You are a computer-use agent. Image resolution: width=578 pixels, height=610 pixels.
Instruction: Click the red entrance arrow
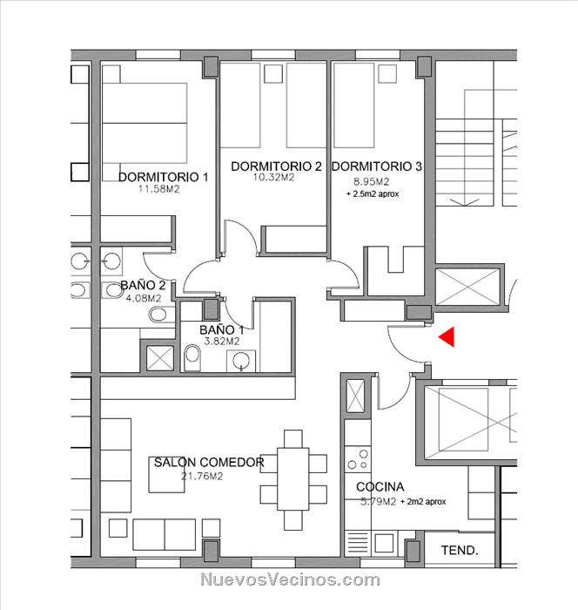click(x=447, y=337)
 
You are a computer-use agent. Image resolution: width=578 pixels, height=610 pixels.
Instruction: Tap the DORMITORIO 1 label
click(x=164, y=177)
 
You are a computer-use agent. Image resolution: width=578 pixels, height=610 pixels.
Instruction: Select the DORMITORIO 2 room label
click(x=276, y=166)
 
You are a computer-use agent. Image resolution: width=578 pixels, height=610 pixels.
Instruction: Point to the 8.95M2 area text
click(x=371, y=181)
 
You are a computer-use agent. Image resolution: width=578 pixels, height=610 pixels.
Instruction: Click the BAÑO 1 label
click(x=222, y=330)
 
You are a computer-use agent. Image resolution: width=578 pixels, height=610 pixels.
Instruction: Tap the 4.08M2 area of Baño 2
click(x=144, y=298)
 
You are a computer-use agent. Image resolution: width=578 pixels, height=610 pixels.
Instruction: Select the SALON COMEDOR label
click(x=209, y=462)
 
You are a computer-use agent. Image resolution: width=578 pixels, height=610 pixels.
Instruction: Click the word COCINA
click(x=380, y=486)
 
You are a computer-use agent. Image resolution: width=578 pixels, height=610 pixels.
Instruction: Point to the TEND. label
click(x=460, y=550)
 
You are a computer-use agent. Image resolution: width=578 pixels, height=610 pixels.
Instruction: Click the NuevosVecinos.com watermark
click(x=290, y=579)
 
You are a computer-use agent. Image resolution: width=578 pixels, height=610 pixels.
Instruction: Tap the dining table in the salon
click(x=293, y=479)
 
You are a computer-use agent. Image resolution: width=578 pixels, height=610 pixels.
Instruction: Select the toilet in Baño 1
click(x=192, y=357)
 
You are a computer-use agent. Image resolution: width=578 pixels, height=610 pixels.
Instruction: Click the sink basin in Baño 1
click(x=241, y=361)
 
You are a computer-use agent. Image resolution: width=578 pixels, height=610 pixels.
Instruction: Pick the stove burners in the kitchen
click(x=358, y=459)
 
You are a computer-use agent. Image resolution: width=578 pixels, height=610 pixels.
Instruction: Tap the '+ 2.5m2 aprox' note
click(x=373, y=193)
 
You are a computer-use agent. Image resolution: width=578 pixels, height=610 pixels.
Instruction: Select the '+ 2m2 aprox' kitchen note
click(x=423, y=502)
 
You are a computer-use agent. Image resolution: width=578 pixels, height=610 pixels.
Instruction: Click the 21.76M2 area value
click(x=202, y=476)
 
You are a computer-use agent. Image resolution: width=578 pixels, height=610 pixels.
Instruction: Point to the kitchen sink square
click(x=384, y=544)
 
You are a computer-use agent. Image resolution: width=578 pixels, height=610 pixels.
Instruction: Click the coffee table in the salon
click(x=167, y=475)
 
